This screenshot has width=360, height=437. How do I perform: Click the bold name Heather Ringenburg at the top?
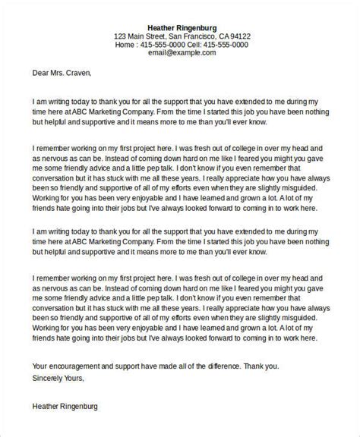pyautogui.click(x=181, y=25)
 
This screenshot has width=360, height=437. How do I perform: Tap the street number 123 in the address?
pyautogui.click(x=121, y=36)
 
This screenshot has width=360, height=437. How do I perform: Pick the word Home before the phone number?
pyautogui.click(x=125, y=46)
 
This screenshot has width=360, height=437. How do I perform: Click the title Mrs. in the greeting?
pyautogui.click(x=63, y=74)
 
